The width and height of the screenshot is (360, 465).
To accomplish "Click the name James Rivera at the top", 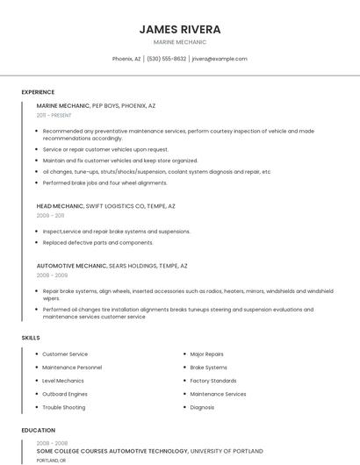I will pos(180,29).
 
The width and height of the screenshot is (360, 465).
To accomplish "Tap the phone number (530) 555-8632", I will pos(166,59).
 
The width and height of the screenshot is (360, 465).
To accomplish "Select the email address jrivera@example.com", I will pos(220,59).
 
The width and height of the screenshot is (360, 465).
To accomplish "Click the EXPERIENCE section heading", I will pos(38,92).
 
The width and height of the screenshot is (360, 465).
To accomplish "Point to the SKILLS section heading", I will pos(31,338).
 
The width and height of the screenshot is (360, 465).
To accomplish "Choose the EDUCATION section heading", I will pos(39,431).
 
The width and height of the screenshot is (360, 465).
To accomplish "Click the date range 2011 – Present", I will pos(54,115).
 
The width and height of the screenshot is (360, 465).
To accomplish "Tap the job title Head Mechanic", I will pos(60,206).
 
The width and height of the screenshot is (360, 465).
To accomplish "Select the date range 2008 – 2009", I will pos(52,275).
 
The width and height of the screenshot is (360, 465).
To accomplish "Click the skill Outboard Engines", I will pos(66,394).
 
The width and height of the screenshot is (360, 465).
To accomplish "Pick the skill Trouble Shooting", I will pos(64,407).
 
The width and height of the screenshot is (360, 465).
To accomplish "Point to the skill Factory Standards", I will pos(213,381).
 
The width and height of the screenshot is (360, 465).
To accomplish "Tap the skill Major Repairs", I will pos(207,354).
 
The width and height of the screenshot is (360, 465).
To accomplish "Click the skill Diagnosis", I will pos(202,407).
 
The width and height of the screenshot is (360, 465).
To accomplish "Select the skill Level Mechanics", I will pos(63,381).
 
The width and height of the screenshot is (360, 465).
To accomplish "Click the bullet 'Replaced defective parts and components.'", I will pos(97,242).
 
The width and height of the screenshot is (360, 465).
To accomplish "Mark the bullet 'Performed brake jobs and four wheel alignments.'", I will pos(104,183).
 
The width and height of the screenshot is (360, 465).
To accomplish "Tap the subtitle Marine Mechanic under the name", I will pos(180,42).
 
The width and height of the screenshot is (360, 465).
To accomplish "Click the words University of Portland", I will pos(227,451).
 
